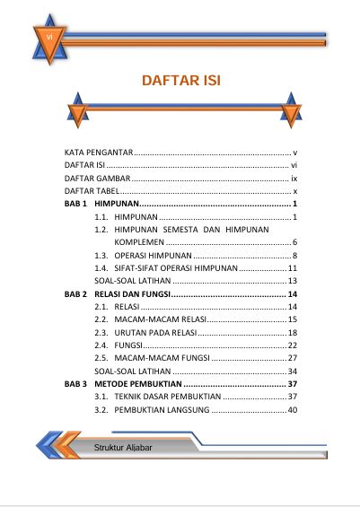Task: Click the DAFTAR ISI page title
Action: pyautogui.click(x=180, y=82)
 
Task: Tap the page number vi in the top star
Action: pyautogui.click(x=47, y=36)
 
